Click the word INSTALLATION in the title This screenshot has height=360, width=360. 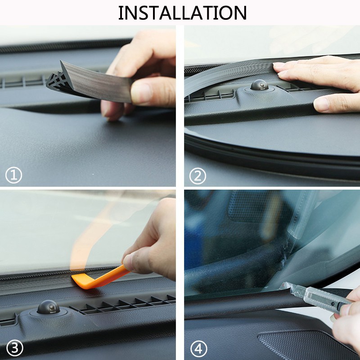182,13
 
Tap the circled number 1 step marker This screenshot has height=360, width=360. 13,175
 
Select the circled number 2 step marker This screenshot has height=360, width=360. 197,175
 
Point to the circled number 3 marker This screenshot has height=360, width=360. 13,347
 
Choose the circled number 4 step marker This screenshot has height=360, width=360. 197,347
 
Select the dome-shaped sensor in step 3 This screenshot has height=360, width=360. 48,307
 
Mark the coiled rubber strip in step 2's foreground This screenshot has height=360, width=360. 270,153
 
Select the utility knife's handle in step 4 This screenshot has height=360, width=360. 324,299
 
